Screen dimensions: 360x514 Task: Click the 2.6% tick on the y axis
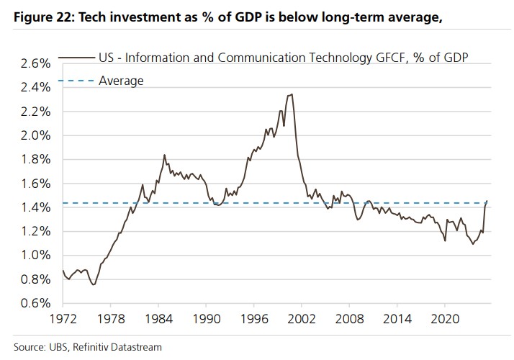tap(36, 63)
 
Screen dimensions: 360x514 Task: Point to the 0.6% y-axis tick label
tap(36, 303)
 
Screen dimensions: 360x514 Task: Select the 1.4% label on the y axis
tap(36, 207)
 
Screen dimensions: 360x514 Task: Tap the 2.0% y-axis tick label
tap(36, 135)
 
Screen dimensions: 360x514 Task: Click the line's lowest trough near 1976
tap(94, 284)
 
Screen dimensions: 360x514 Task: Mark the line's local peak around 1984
tap(164, 154)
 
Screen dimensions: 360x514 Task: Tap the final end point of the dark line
tap(487, 201)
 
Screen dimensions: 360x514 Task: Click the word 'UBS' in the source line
tap(53, 347)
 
